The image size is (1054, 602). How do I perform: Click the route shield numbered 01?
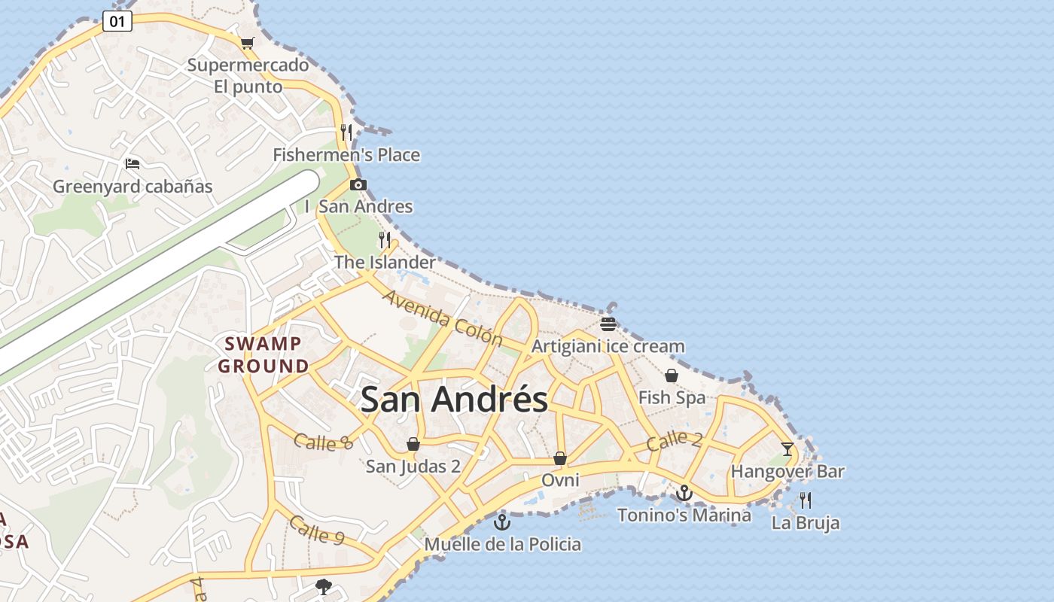click(x=117, y=21)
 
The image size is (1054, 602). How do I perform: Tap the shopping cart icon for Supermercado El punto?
click(x=247, y=43)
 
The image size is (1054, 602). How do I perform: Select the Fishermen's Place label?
click(x=346, y=155)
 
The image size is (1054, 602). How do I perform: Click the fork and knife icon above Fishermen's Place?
click(x=346, y=132)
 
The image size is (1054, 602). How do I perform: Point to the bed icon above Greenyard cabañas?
click(x=133, y=163)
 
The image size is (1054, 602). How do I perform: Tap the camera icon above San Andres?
click(x=358, y=184)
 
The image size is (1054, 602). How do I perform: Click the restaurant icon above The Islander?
click(x=385, y=240)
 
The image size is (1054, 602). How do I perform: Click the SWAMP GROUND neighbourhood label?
click(x=263, y=354)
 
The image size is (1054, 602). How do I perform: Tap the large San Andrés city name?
click(x=454, y=399)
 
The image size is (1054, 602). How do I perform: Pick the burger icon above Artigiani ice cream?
click(x=608, y=324)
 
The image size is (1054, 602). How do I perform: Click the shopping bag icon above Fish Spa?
click(x=672, y=375)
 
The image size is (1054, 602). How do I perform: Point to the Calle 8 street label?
click(x=324, y=442)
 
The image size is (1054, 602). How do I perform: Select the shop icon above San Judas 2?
click(x=413, y=444)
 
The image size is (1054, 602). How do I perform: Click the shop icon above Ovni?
click(x=560, y=458)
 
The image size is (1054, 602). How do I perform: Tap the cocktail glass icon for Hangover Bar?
click(x=787, y=449)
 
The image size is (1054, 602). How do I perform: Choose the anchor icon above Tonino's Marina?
click(x=684, y=493)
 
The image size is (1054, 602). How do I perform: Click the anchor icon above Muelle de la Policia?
click(x=502, y=521)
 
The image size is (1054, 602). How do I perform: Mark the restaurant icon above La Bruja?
click(x=806, y=500)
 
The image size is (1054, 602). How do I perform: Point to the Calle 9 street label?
click(x=317, y=531)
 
